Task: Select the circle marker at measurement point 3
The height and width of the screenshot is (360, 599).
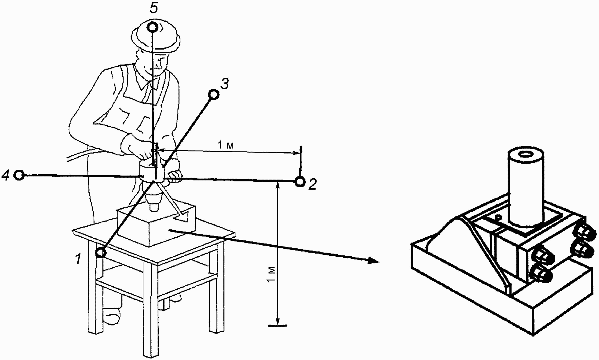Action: (x=213, y=95)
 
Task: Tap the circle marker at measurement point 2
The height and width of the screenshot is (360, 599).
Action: (x=300, y=182)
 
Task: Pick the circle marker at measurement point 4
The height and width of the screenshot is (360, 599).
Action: (x=20, y=175)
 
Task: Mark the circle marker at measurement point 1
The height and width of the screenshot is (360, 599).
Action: (x=101, y=253)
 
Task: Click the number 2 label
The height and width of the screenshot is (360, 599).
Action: (x=312, y=184)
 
